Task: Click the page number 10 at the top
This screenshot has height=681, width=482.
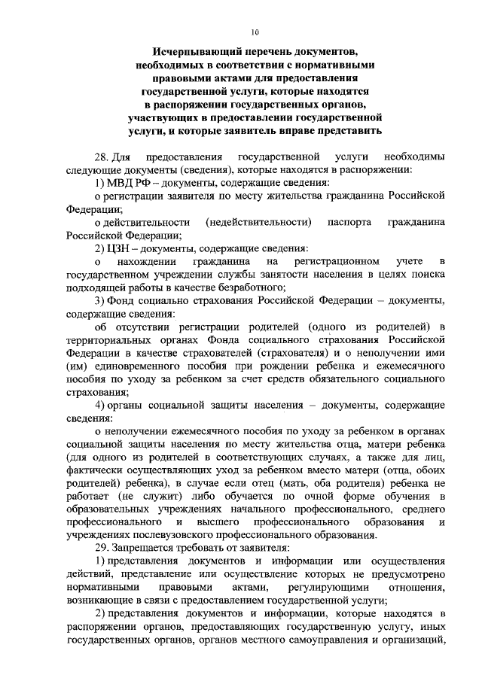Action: (x=254, y=32)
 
